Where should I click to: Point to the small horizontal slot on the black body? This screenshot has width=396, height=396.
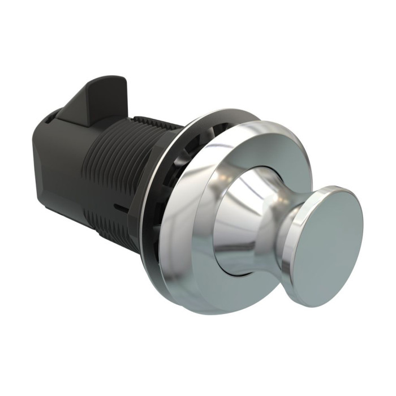point(118,208)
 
